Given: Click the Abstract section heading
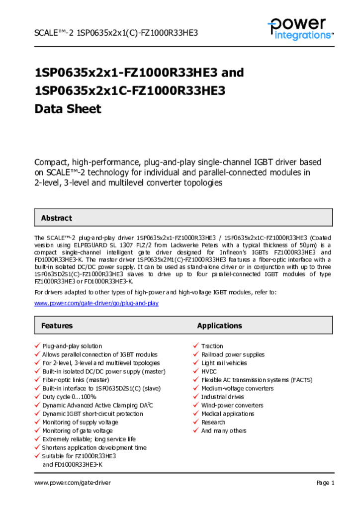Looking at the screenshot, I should (x=56, y=218).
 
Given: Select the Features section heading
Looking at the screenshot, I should (x=57, y=326).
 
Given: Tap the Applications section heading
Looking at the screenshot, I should (x=219, y=326).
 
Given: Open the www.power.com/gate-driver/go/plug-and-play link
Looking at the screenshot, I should (x=96, y=303).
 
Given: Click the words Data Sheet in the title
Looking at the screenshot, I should (x=68, y=109).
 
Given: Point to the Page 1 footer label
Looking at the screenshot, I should (x=325, y=483).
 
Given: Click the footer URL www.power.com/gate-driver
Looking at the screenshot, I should (x=73, y=483).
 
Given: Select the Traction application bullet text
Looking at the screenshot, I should (x=212, y=346).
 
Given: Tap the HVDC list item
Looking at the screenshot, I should (x=209, y=371).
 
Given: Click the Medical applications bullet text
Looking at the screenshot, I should (x=227, y=414).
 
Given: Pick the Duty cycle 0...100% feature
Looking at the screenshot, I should (x=69, y=397).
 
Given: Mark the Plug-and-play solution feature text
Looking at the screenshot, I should (x=72, y=346).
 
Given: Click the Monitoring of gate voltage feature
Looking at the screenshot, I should (x=77, y=430).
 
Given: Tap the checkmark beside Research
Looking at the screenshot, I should (x=196, y=422).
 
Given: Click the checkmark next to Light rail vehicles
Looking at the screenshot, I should (x=196, y=363).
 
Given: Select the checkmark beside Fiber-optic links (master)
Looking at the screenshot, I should (x=37, y=380).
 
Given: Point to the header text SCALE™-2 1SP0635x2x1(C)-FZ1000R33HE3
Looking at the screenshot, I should (x=116, y=33).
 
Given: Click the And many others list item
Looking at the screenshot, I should (x=223, y=430).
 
